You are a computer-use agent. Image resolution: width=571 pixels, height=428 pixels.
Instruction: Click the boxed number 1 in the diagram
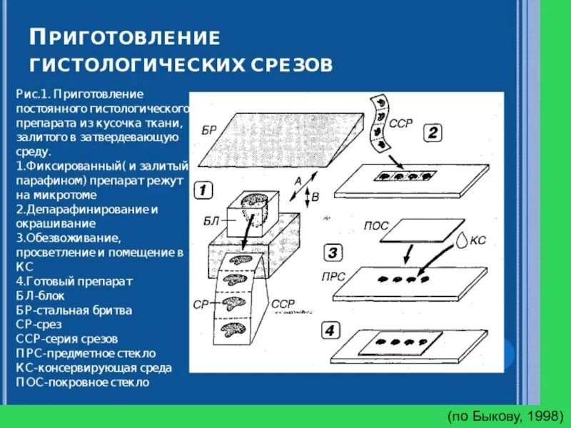point(203,190)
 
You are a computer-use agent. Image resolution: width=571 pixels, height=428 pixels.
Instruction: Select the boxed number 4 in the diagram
point(329,331)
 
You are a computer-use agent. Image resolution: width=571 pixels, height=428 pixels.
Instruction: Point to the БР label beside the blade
point(208,131)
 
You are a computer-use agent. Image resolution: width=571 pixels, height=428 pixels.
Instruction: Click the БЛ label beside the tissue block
point(211,222)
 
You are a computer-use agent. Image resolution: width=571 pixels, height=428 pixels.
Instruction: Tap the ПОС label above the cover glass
point(376,225)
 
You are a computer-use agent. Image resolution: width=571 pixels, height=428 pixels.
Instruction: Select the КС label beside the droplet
point(477,240)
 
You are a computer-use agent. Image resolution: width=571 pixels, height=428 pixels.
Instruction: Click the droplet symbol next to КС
point(464,240)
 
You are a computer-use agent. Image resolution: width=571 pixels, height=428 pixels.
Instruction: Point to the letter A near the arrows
point(298,181)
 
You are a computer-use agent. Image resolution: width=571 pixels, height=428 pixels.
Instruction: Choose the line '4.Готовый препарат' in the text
point(74,281)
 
